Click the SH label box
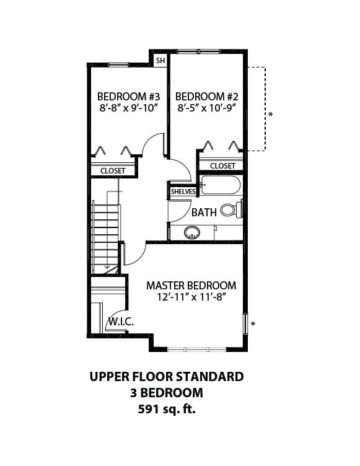[x=160, y=61]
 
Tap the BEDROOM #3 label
[x=128, y=97]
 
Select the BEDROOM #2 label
[x=206, y=97]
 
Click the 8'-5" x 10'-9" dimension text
[x=206, y=108]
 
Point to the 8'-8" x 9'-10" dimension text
[x=128, y=108]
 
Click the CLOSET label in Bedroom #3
[x=113, y=171]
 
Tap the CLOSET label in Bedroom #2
[x=222, y=166]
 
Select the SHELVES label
[x=183, y=191]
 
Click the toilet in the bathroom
[x=232, y=210]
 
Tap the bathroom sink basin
[x=191, y=232]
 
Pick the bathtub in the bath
[x=220, y=185]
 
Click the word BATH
[x=204, y=213]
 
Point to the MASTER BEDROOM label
[x=191, y=286]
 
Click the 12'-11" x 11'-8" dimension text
[x=191, y=297]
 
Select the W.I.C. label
[x=121, y=321]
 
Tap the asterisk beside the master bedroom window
[x=253, y=323]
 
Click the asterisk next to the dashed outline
[x=271, y=115]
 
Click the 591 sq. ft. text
[x=167, y=410]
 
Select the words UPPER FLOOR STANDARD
[x=167, y=377]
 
